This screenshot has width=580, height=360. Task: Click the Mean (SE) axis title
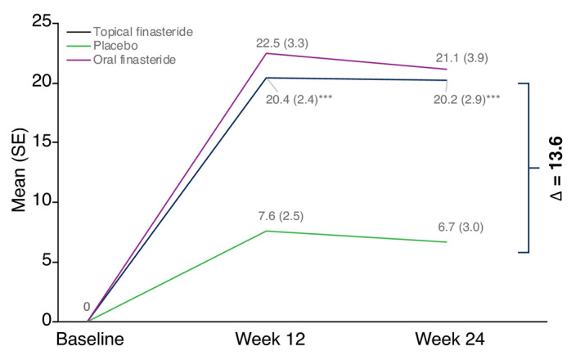tap(17, 173)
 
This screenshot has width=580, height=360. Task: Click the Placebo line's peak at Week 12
tap(268, 231)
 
